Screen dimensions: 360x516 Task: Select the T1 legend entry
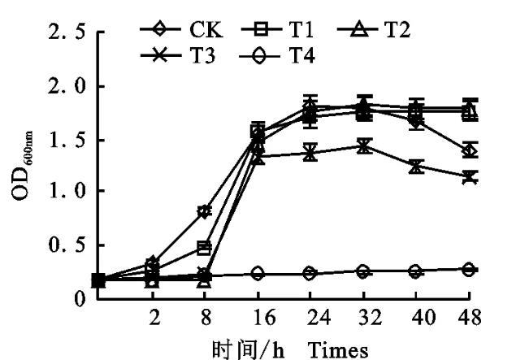tap(285, 32)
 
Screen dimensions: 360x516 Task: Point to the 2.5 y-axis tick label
tap(60, 36)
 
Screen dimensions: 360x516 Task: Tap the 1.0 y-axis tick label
tap(60, 193)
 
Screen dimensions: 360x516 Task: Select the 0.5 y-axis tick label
tap(60, 245)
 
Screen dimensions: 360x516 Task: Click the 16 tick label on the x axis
tap(257, 316)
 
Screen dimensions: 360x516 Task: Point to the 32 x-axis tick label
tap(363, 316)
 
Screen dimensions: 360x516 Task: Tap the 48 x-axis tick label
tap(469, 316)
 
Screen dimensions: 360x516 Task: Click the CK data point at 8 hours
tap(204, 211)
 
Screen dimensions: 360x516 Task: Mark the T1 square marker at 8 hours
tap(204, 247)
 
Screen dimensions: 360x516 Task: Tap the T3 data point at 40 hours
tap(416, 167)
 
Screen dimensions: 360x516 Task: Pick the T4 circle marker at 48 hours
tap(469, 269)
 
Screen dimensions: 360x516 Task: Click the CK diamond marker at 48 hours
tap(469, 150)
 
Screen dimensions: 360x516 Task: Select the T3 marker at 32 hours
tap(363, 146)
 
